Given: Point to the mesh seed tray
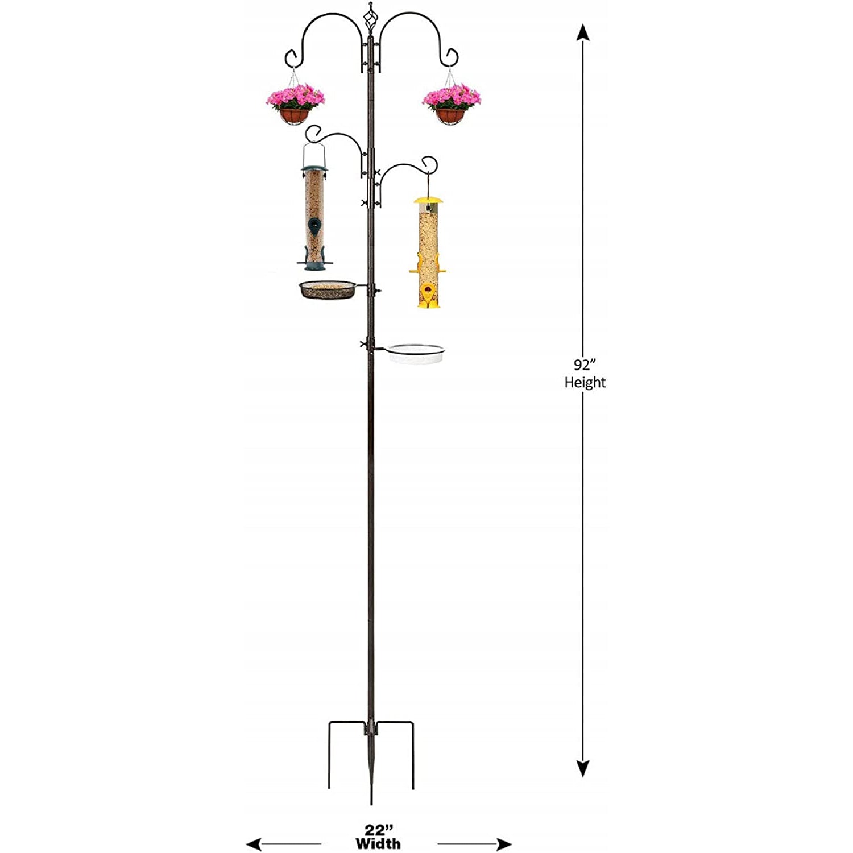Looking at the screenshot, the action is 327,289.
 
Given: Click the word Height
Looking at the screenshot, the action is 585,382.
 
